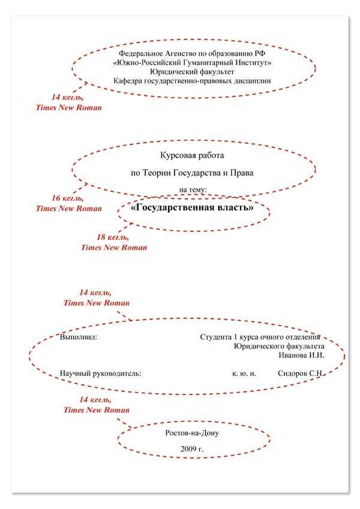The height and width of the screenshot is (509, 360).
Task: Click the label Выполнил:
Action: [79, 337]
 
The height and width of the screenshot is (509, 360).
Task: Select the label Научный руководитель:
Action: [100, 373]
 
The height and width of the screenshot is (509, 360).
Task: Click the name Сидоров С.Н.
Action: [301, 373]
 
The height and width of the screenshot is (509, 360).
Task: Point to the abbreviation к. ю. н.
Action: [244, 373]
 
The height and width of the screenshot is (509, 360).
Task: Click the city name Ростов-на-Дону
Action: [193, 432]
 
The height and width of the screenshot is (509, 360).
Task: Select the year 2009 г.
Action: [192, 448]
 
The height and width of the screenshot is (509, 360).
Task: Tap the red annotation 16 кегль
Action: [67, 198]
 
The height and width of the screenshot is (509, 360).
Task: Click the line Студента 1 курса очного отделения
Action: [260, 337]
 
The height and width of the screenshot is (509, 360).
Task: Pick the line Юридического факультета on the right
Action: [279, 346]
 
